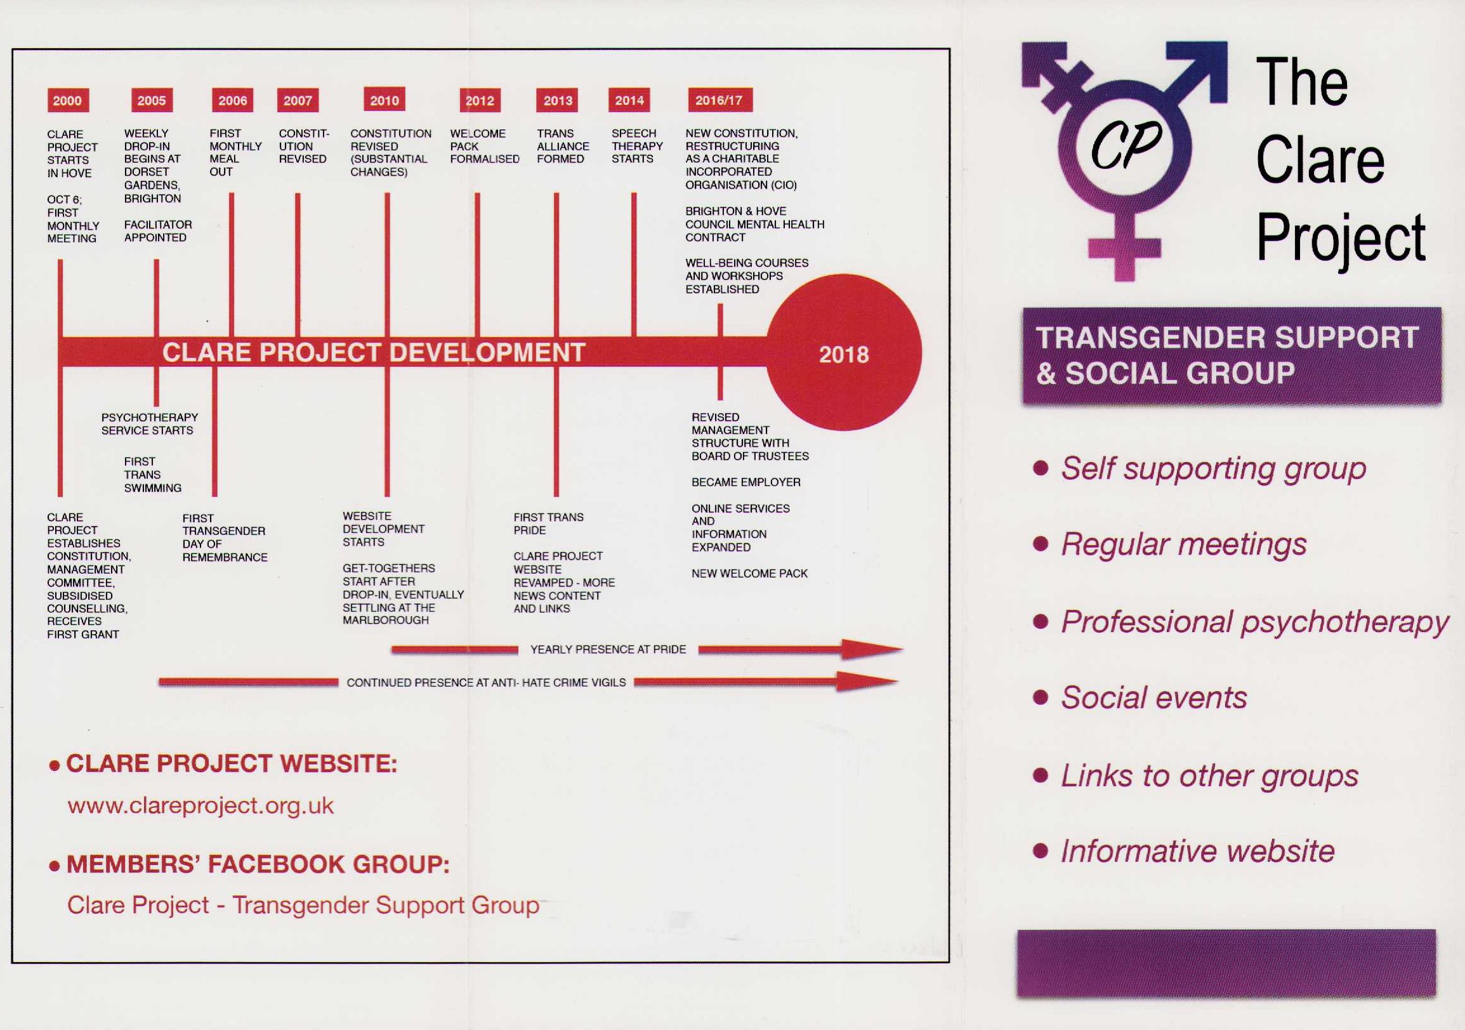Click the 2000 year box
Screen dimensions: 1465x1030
click(x=67, y=100)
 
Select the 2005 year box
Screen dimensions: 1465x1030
click(x=151, y=100)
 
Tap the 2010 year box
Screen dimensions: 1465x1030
click(x=384, y=100)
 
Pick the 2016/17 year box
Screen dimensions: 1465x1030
click(x=719, y=100)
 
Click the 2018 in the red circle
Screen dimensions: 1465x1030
click(x=843, y=355)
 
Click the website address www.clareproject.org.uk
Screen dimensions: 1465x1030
click(x=200, y=806)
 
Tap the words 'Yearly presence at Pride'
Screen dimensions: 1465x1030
click(x=608, y=650)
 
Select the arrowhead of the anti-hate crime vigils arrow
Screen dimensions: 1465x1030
click(x=868, y=682)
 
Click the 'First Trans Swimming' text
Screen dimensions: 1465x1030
click(x=152, y=475)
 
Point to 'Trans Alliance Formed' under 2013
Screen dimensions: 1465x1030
click(x=563, y=146)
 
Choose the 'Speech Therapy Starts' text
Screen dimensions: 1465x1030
click(x=637, y=146)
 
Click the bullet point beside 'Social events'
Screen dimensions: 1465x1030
click(x=1041, y=697)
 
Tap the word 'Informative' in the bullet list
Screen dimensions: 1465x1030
click(x=1135, y=851)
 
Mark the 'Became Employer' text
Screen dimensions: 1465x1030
click(x=746, y=482)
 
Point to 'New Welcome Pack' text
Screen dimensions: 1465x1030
click(x=750, y=574)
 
